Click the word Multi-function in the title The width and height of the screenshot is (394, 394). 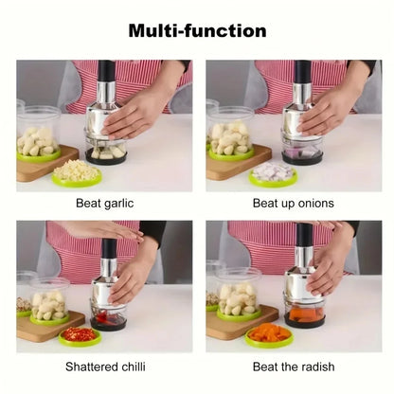[x=197, y=30]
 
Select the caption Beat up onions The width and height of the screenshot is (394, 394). [x=294, y=203]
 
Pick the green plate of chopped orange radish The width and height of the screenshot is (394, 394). [x=268, y=334]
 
